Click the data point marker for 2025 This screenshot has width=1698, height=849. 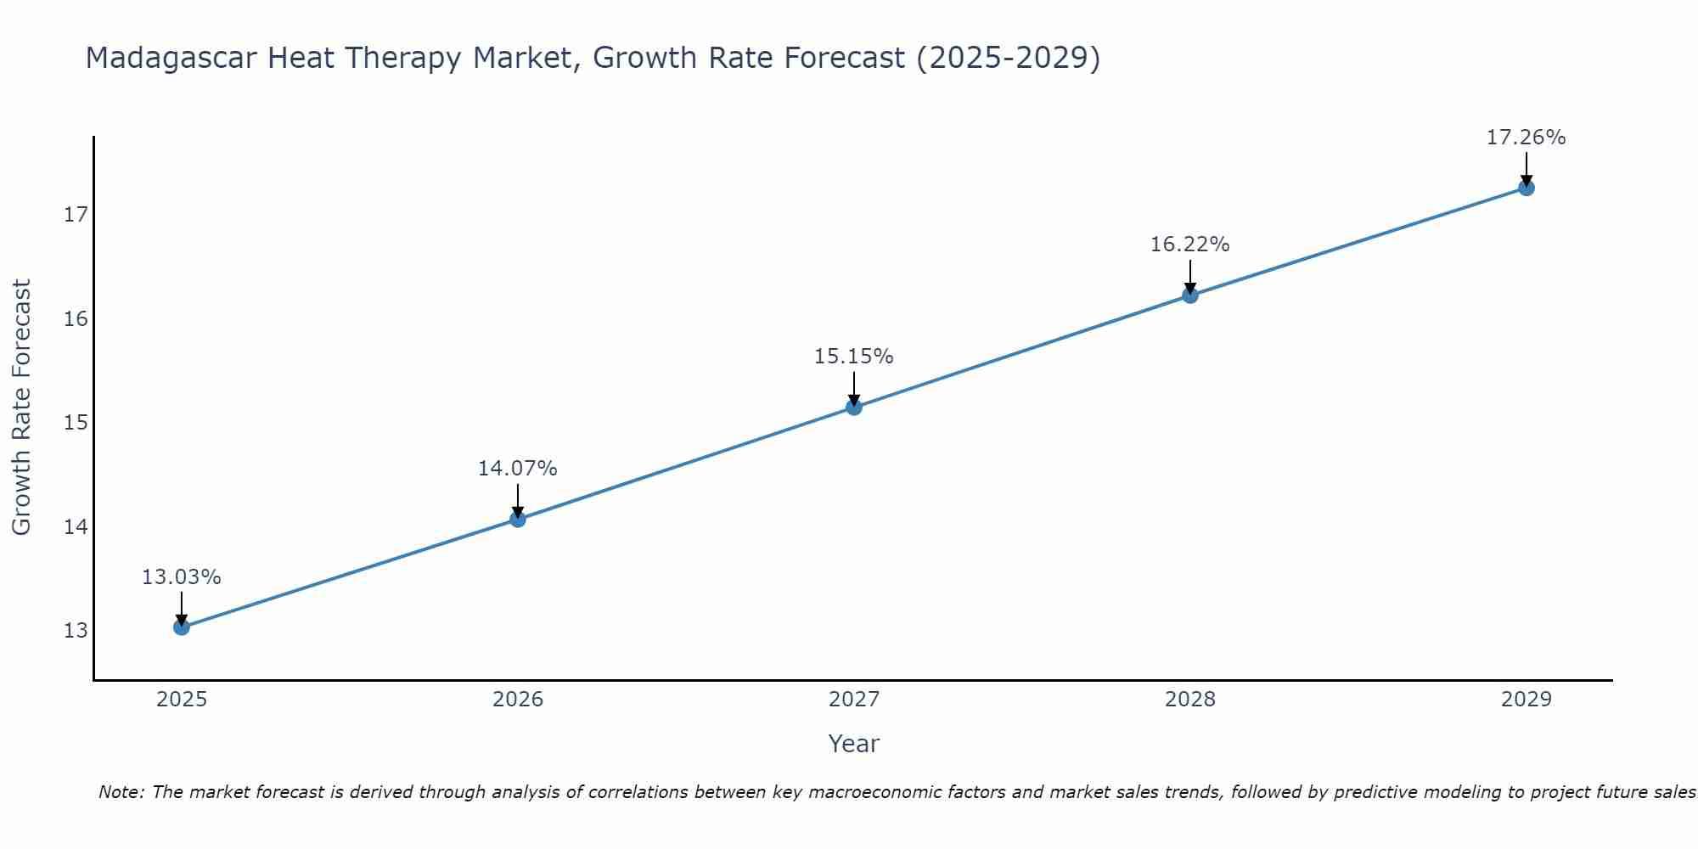[182, 627]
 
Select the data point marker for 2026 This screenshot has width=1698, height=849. [518, 519]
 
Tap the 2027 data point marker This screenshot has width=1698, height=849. [854, 408]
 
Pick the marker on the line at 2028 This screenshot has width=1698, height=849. [1190, 295]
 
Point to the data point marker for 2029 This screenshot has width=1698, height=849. [1527, 188]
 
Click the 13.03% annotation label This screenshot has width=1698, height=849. [181, 577]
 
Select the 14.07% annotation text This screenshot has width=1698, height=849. [517, 469]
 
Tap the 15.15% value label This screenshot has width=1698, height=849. [853, 357]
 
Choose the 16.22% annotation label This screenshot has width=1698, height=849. [1189, 245]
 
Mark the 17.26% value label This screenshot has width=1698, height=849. [1526, 138]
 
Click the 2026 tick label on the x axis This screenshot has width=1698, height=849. [518, 700]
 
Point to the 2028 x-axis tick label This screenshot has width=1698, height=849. [1190, 700]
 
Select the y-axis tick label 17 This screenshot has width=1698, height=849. [76, 215]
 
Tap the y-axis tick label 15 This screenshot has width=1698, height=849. [76, 423]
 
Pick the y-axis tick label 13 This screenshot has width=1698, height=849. [76, 631]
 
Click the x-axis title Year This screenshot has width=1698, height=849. [853, 744]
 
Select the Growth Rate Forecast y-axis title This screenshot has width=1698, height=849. [21, 408]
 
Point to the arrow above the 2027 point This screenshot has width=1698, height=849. [854, 389]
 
